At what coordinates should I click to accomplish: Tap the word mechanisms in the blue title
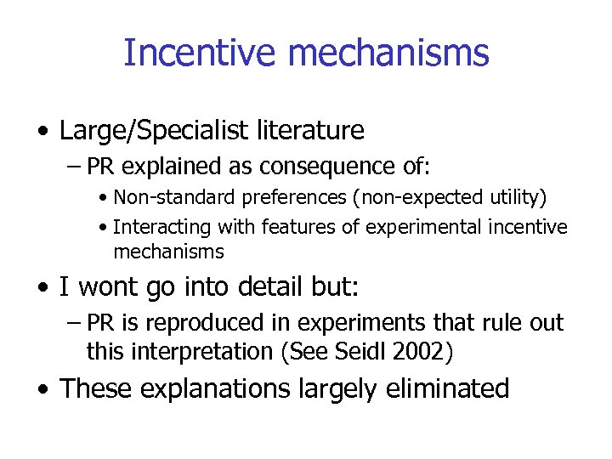(388, 52)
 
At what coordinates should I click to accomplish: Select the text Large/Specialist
(153, 131)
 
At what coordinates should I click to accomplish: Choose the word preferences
(286, 198)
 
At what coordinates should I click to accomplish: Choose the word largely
(331, 388)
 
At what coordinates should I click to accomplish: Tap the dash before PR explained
(73, 165)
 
